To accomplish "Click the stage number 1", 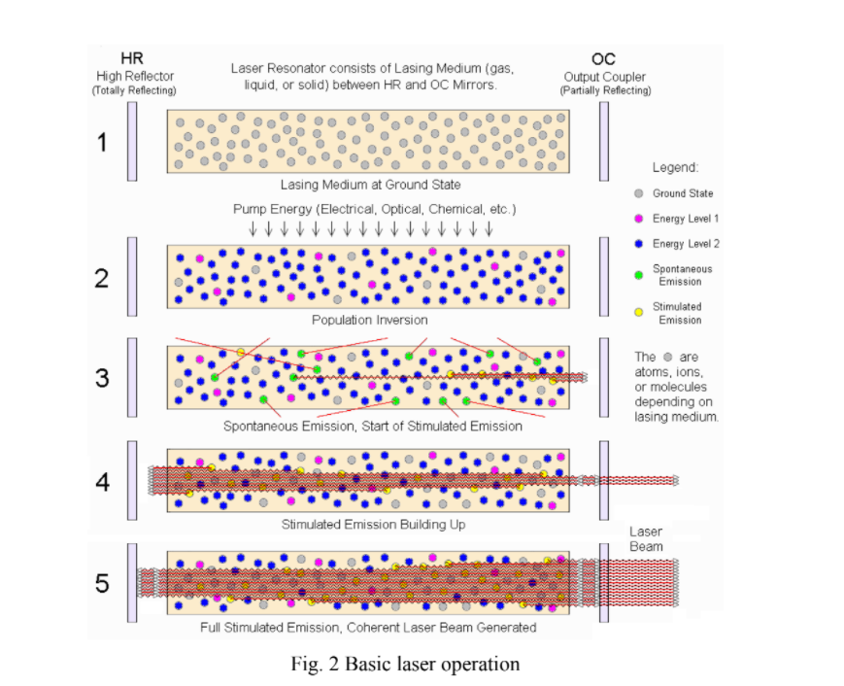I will click(102, 143).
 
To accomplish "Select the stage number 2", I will click(102, 279).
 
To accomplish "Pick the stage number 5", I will click(102, 584).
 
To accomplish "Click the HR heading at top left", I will click(132, 59).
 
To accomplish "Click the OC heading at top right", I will click(603, 59).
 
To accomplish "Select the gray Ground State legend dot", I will click(638, 193).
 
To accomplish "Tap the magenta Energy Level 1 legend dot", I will click(638, 219).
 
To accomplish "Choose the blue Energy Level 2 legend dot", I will click(638, 244).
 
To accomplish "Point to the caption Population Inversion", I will click(369, 320).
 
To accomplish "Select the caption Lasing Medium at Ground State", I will click(369, 185).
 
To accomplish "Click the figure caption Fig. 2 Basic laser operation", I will click(405, 665).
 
